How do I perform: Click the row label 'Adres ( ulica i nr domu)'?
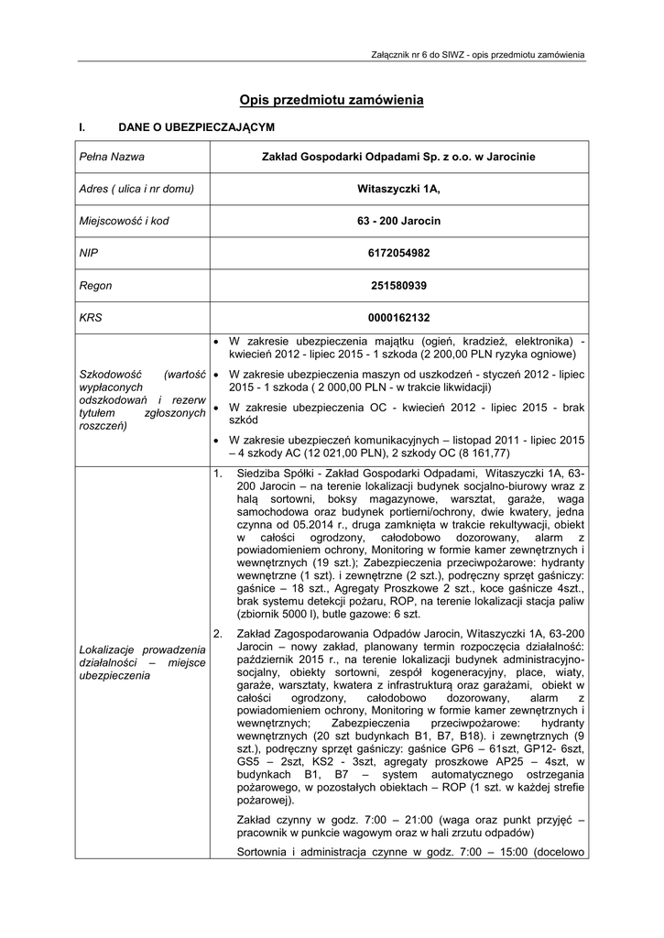coord(137,190)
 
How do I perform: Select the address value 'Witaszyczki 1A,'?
coord(398,190)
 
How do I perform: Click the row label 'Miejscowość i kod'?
coord(124,222)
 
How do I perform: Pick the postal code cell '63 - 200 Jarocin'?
coord(398,222)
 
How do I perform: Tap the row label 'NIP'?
coord(89,254)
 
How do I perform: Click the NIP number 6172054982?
coord(398,254)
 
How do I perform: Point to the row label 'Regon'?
coord(95,286)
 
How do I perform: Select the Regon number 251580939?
coord(398,286)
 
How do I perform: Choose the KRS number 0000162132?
coord(398,318)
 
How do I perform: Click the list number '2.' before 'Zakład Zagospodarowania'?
coord(218,633)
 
